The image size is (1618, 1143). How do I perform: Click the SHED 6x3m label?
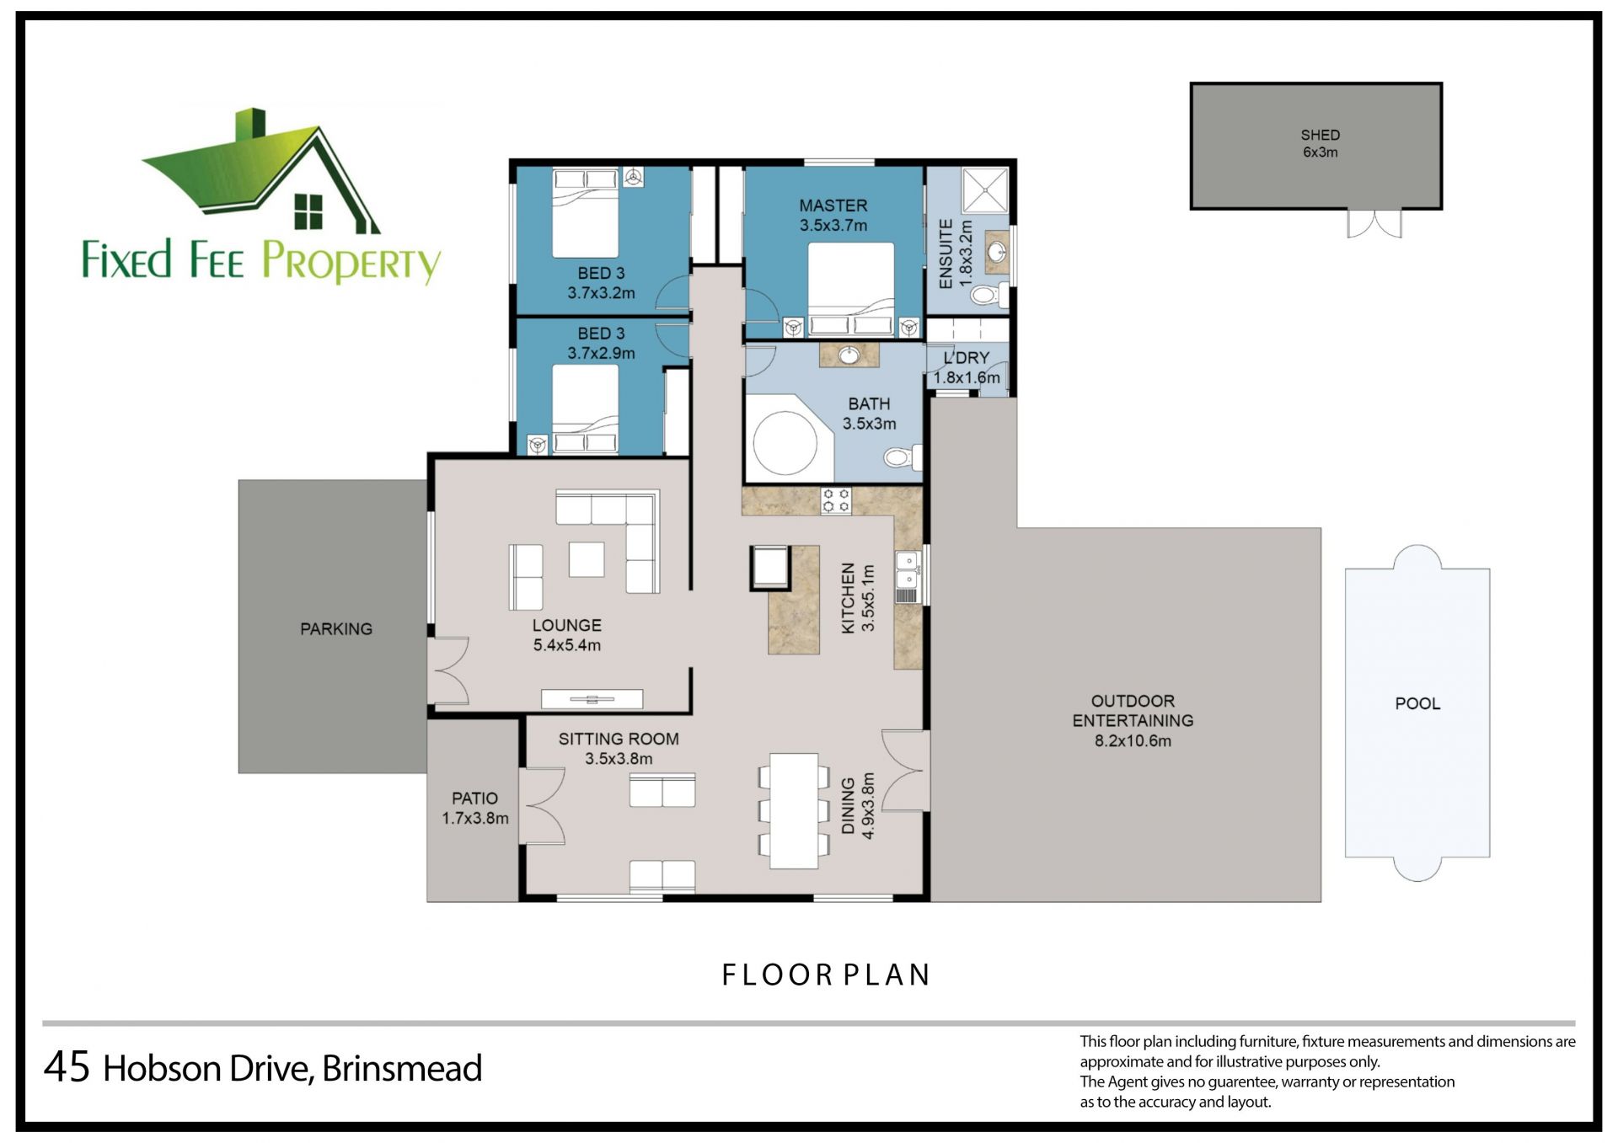1320,143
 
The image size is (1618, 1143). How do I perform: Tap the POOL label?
1417,703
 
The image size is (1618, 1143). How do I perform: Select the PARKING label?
336,628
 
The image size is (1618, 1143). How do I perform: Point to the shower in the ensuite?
985,190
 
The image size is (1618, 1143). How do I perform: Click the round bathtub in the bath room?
785,443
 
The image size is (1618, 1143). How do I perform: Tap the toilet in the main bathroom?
903,457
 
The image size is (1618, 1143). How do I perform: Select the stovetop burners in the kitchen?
836,500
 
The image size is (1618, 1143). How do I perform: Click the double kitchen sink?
907,569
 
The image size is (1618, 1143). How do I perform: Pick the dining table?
794,810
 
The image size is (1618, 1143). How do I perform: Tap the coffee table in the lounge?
587,559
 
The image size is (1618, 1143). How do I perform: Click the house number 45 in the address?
67,1067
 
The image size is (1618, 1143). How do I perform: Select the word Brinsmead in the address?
402,1068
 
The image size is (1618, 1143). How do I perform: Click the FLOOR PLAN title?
826,975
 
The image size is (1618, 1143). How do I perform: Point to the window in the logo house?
308,211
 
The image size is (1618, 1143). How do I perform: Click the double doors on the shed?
1374,223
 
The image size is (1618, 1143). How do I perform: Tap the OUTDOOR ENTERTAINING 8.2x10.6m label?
1133,721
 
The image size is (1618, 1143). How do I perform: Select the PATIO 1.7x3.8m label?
475,808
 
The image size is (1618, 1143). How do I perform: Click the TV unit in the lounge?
592,698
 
